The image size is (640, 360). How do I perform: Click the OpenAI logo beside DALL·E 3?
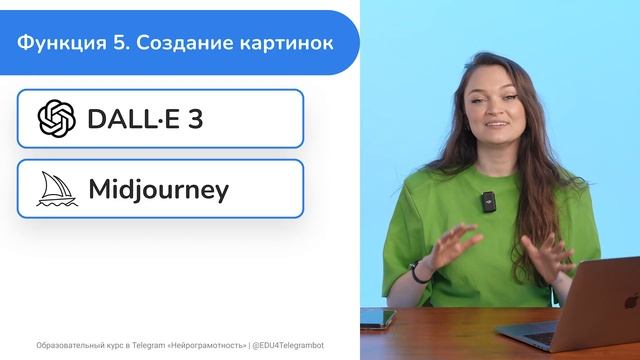pos(56,119)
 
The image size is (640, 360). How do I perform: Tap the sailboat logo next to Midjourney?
pos(56,189)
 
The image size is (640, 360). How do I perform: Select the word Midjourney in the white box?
pos(158,189)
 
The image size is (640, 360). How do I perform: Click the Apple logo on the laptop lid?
pos(631,299)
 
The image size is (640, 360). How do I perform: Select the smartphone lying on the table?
pos(377,318)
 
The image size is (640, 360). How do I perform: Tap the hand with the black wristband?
pos(445,250)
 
